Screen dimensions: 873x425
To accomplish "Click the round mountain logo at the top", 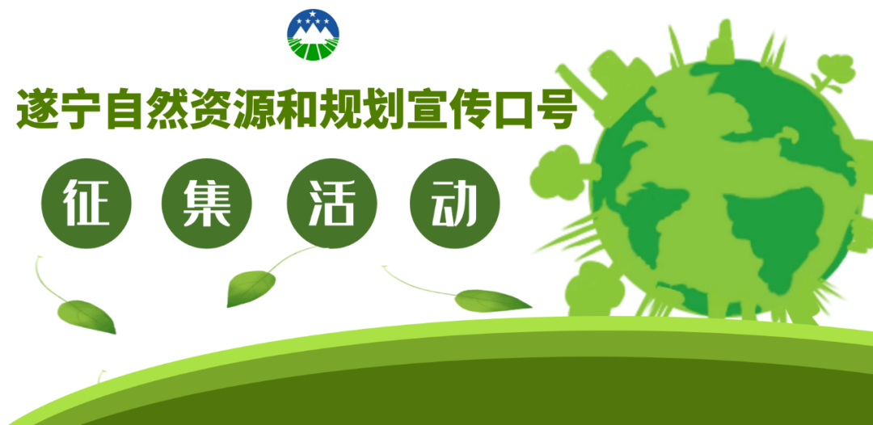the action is [313, 35].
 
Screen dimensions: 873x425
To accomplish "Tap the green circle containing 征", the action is [86, 203].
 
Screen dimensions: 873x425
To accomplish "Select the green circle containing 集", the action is [207, 203].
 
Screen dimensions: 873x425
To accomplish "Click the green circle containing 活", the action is [332, 203].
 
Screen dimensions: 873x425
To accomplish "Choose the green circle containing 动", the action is [455, 203].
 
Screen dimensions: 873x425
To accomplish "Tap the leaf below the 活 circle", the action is [250, 288].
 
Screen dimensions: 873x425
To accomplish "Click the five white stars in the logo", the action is [313, 19].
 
